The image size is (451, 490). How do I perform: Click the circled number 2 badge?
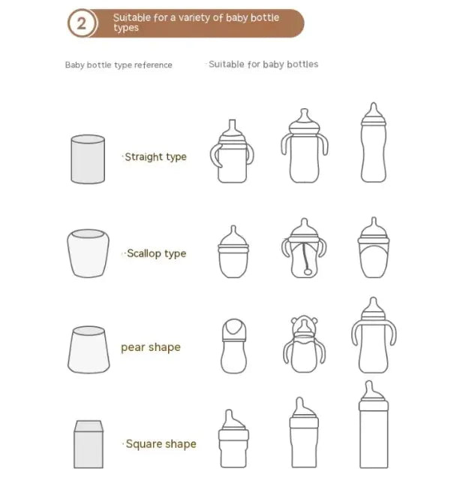coord(83,23)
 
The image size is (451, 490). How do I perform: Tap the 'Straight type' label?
coord(155,157)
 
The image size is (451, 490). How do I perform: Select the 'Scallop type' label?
coord(156,253)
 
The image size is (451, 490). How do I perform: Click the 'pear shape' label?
coord(151,347)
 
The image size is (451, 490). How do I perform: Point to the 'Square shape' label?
coord(160,444)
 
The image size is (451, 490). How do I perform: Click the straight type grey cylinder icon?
coord(88,159)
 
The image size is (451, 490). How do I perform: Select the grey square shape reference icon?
coord(89,444)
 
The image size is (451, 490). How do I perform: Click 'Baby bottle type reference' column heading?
coord(119,65)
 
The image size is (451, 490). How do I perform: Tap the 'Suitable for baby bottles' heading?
coord(263,65)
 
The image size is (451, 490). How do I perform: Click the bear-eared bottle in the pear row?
coord(303,345)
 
